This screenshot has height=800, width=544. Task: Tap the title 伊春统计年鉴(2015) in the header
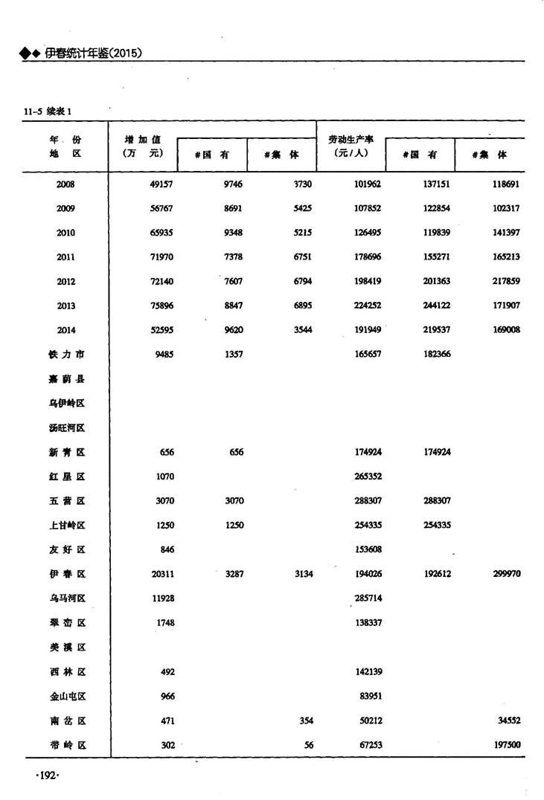(x=93, y=53)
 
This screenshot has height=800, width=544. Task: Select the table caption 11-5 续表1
(x=48, y=112)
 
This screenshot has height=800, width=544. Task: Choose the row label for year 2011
(x=65, y=257)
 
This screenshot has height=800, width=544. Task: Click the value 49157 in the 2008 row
(x=161, y=184)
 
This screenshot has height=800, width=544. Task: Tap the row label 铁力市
(x=65, y=355)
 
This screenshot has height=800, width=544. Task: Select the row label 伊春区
(x=65, y=575)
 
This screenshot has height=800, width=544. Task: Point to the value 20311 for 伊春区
(x=161, y=575)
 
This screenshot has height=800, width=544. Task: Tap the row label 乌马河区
(x=65, y=599)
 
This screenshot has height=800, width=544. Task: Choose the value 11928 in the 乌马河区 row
(x=161, y=599)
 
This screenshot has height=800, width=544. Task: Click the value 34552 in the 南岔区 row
(x=508, y=721)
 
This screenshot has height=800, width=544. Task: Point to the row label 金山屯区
(x=65, y=697)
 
